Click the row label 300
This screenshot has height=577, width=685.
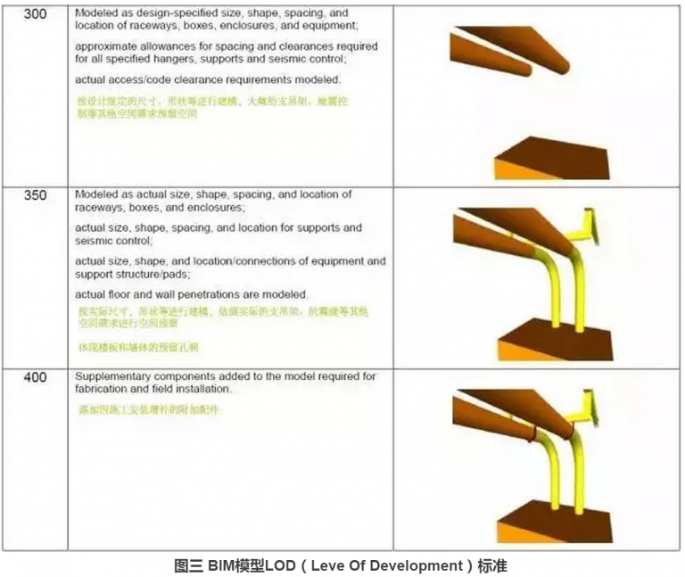(x=36, y=14)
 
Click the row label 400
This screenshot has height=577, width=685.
(x=36, y=378)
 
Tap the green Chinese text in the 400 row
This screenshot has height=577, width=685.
(x=147, y=410)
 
